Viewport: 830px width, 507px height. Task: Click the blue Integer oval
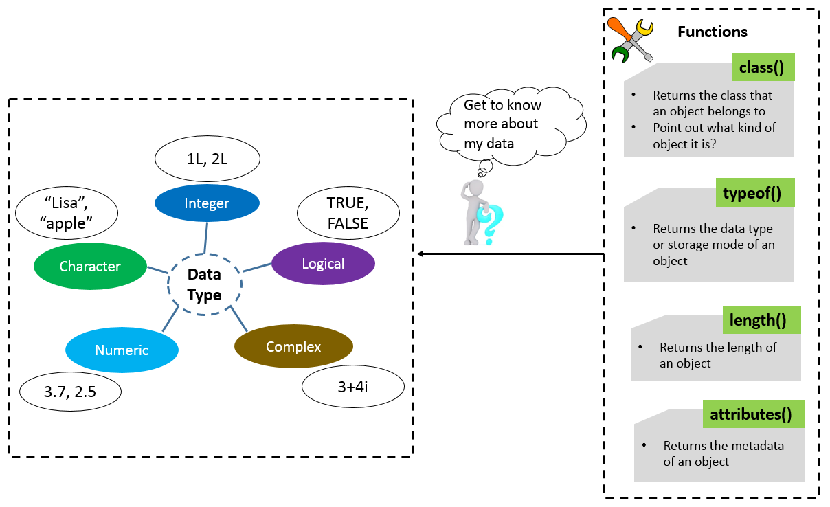207,203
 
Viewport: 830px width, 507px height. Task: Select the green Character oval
90,267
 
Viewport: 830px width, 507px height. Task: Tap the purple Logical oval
323,264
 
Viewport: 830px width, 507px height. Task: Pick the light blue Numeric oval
122,350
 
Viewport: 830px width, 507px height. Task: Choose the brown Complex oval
293,347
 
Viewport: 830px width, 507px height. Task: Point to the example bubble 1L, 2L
207,159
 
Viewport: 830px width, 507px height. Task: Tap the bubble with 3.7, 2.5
70,392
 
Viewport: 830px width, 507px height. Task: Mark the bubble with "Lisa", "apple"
66,214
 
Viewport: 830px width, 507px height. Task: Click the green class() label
762,68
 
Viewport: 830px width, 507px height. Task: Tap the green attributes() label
751,414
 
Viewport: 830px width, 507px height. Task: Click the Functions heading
713,32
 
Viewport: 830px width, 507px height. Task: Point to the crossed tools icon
631,39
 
